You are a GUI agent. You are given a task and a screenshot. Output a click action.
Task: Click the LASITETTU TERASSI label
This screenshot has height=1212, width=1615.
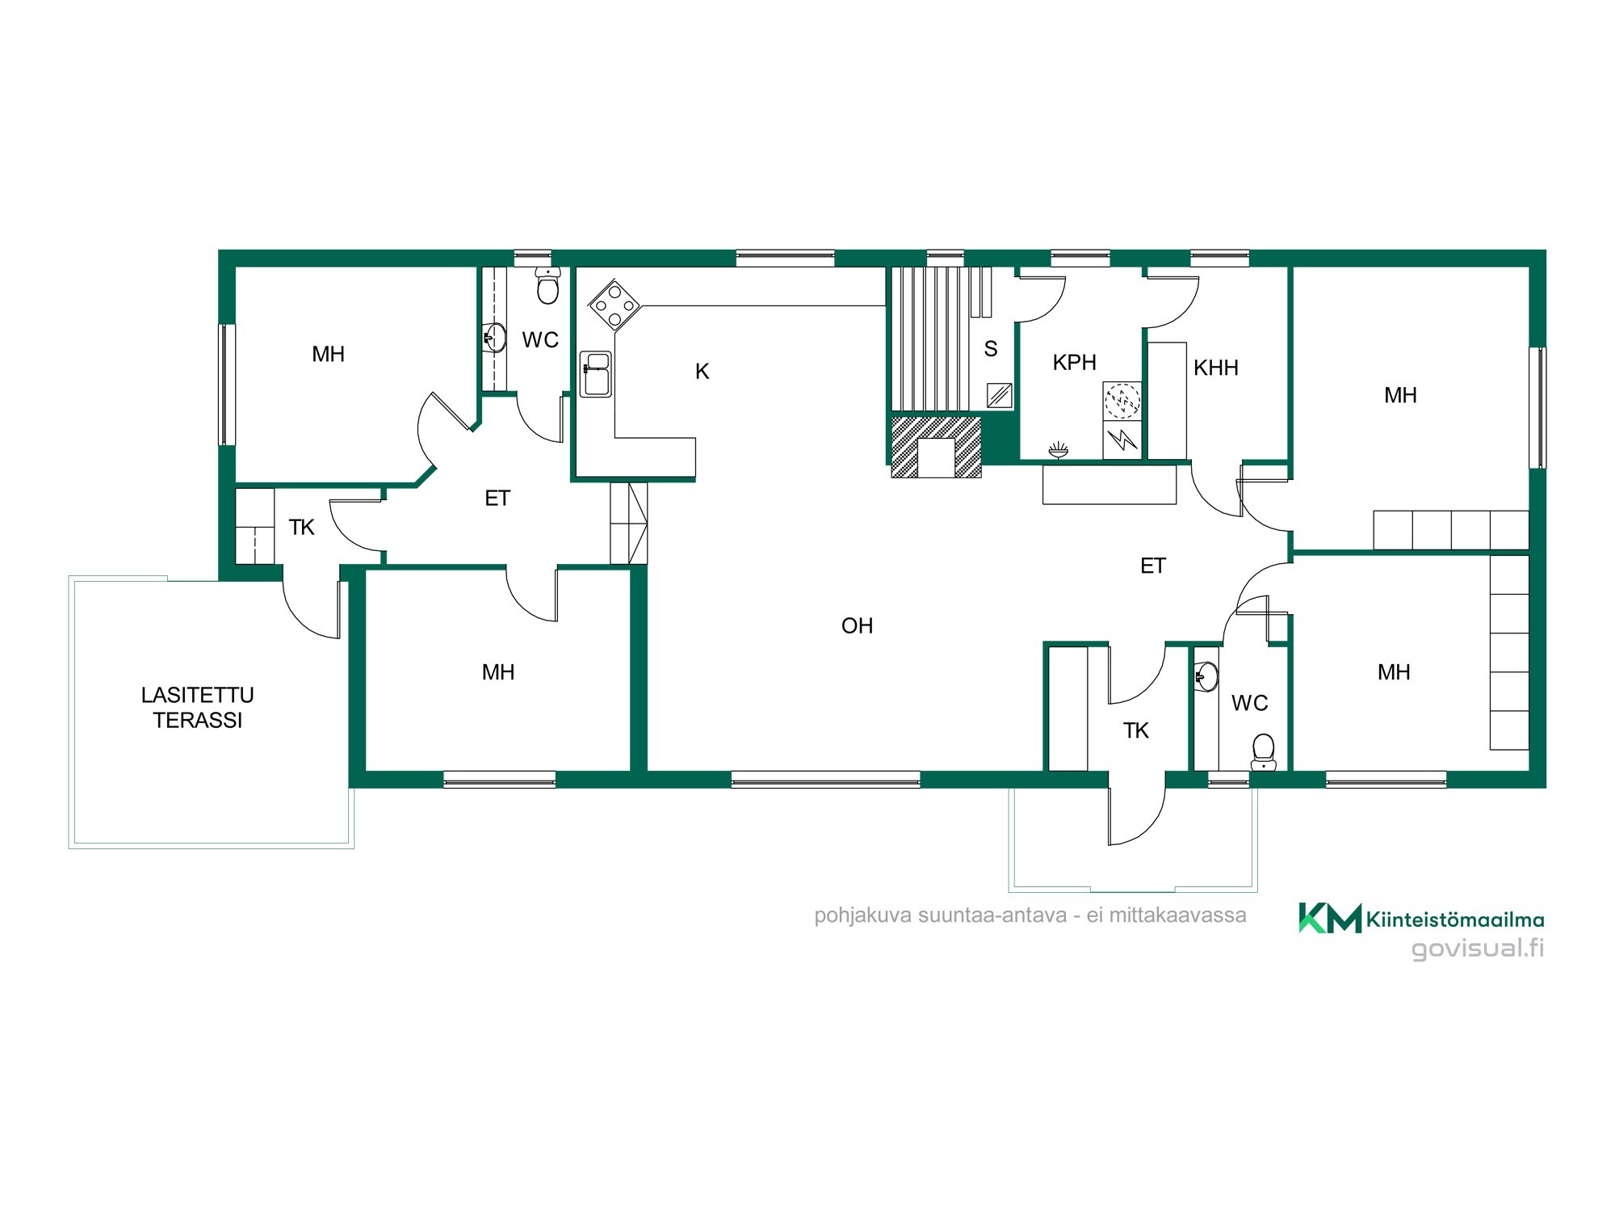pyautogui.click(x=198, y=707)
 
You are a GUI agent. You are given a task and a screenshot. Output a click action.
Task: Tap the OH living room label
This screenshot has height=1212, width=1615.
pyautogui.click(x=857, y=625)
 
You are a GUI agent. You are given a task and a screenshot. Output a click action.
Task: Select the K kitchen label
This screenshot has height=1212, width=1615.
pyautogui.click(x=702, y=371)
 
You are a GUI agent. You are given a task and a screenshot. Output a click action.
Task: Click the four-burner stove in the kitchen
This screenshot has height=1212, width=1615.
pyautogui.click(x=615, y=305)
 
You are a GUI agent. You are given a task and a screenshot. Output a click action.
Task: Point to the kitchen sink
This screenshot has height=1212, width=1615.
pyautogui.click(x=596, y=374)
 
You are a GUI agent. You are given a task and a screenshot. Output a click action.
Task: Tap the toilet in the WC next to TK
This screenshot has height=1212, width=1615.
pyautogui.click(x=1263, y=751)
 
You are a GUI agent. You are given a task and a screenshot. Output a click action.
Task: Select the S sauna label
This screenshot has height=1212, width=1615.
pyautogui.click(x=991, y=349)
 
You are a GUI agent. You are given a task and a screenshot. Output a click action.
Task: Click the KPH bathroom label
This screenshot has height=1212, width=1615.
pyautogui.click(x=1074, y=362)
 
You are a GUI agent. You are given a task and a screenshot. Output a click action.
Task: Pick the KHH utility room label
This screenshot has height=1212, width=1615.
pyautogui.click(x=1215, y=368)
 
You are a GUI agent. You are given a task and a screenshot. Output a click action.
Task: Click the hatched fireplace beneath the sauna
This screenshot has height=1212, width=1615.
pyautogui.click(x=936, y=447)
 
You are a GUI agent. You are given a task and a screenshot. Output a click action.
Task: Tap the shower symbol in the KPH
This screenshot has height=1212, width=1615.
pyautogui.click(x=1058, y=449)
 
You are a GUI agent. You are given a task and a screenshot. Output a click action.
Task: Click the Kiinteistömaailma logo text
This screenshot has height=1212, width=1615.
pyautogui.click(x=1455, y=920)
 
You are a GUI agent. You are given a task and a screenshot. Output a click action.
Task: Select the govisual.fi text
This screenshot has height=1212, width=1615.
pyautogui.click(x=1478, y=948)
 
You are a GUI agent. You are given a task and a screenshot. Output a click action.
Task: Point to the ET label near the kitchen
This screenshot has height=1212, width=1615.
pyautogui.click(x=497, y=499)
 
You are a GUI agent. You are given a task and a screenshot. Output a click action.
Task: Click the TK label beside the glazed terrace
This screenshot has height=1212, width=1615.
pyautogui.click(x=301, y=528)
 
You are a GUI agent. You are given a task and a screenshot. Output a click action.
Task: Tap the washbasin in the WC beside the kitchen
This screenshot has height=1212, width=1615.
pyautogui.click(x=494, y=337)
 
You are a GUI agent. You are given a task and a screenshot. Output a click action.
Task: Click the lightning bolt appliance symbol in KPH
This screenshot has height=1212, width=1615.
pyautogui.click(x=1122, y=440)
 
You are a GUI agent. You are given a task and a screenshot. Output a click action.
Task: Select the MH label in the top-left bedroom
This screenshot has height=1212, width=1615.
pyautogui.click(x=328, y=354)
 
